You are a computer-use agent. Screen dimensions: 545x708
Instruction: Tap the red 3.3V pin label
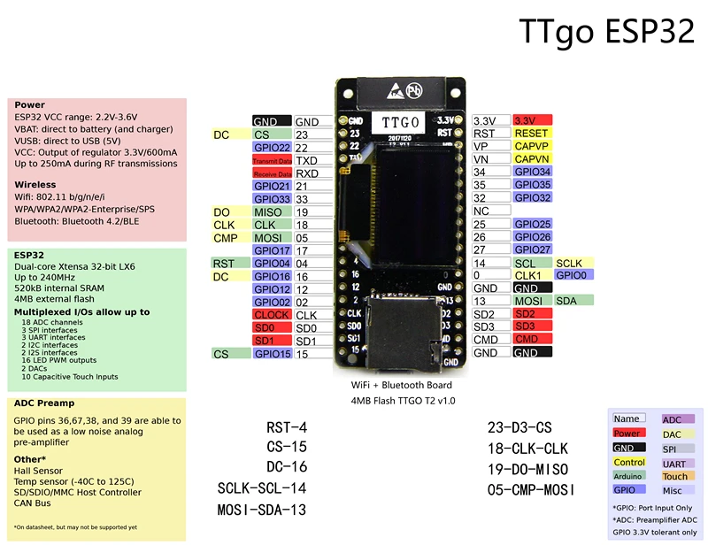532,120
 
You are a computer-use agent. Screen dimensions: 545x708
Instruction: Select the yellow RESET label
532,133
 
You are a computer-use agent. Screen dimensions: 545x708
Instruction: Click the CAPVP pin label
532,146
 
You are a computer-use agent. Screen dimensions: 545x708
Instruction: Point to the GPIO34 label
532,172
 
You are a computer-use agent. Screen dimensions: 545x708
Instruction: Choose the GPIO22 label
272,148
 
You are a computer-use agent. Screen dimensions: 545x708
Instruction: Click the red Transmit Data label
272,161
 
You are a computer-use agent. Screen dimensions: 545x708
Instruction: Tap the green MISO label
272,212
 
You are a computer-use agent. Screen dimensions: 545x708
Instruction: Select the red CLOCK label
272,315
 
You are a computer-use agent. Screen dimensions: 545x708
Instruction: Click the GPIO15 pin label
272,354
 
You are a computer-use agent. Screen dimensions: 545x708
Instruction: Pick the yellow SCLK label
570,264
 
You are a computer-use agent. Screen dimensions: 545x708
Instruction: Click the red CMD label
532,340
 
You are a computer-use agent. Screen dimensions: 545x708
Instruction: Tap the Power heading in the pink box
29,105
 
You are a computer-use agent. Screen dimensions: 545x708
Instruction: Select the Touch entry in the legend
675,476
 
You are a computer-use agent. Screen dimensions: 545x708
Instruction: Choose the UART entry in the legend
675,463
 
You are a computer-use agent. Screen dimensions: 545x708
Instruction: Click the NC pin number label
481,211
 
